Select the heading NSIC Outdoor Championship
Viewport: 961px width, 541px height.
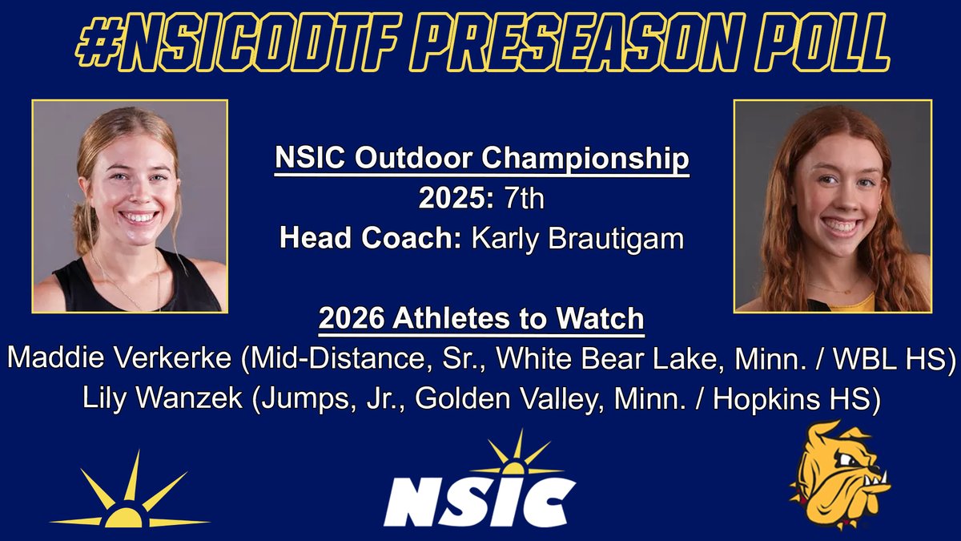tap(481, 159)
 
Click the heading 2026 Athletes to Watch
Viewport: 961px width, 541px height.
tap(481, 318)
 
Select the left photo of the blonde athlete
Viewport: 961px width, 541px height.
tap(130, 206)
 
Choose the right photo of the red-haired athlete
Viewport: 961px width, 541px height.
tap(833, 206)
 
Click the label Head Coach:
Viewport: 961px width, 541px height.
tap(365, 238)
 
